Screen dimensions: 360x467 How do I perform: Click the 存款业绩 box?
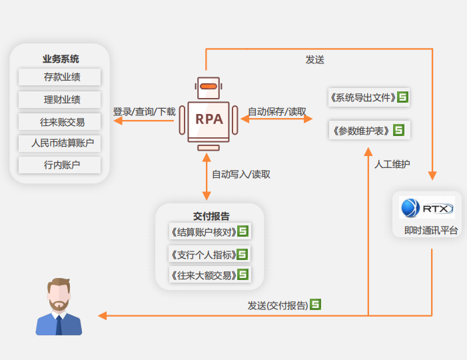point(60,77)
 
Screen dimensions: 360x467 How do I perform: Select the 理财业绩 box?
point(60,100)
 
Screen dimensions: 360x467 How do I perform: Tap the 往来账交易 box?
point(60,122)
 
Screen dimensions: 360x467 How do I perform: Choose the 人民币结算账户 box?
point(60,143)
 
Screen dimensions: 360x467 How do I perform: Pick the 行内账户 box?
point(60,164)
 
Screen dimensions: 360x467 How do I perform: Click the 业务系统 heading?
point(60,59)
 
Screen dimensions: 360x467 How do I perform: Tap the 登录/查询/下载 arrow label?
point(144,111)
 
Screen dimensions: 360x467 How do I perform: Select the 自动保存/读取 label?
point(278,111)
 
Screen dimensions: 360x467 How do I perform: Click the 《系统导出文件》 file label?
point(362,98)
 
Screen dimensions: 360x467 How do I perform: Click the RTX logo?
point(426,208)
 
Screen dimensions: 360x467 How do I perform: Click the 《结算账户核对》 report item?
point(204,232)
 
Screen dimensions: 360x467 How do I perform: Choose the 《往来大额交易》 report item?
point(204,275)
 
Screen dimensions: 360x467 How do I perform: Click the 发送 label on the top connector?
point(315,59)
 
